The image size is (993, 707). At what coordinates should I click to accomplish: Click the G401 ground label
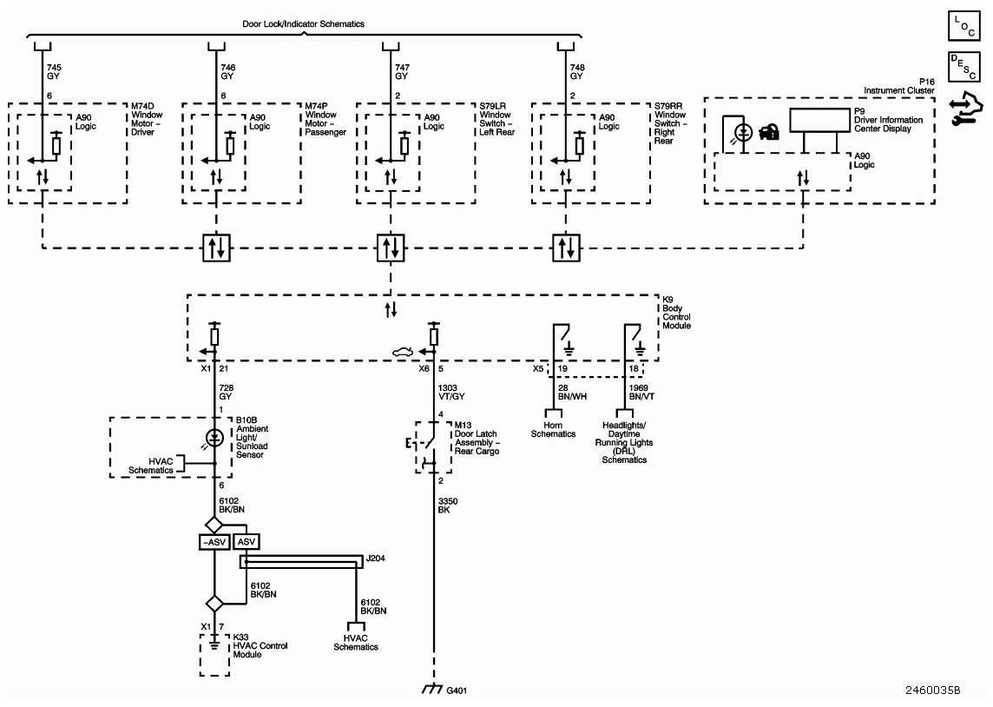tap(457, 690)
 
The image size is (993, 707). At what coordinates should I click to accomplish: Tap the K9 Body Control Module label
tap(676, 313)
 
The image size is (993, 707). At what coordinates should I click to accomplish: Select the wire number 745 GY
tap(54, 71)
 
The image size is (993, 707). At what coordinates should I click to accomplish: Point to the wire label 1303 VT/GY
tap(451, 392)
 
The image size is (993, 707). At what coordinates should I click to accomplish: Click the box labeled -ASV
tap(214, 542)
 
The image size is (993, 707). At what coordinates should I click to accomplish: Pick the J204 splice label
tap(376, 558)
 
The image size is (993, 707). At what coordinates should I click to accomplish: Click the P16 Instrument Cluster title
tap(899, 86)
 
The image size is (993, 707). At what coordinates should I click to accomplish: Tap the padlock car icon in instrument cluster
tap(769, 132)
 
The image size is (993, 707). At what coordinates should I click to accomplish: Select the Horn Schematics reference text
tap(553, 430)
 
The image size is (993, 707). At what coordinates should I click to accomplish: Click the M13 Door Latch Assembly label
tap(477, 439)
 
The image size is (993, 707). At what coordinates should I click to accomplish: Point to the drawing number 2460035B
tap(933, 690)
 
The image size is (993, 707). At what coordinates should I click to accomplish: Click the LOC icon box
tap(963, 26)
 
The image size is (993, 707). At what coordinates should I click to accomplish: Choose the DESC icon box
tap(963, 67)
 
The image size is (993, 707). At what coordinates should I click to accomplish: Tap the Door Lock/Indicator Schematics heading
tap(303, 24)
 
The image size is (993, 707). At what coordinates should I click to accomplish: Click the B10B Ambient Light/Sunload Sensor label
tap(252, 437)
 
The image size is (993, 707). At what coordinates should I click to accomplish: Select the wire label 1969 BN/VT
tap(641, 392)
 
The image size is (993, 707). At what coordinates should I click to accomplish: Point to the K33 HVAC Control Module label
tap(260, 645)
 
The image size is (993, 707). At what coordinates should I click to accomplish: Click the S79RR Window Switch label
tap(670, 123)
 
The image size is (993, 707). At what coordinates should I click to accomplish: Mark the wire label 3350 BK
tap(448, 505)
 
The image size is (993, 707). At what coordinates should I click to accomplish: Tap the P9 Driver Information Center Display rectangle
tap(819, 120)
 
